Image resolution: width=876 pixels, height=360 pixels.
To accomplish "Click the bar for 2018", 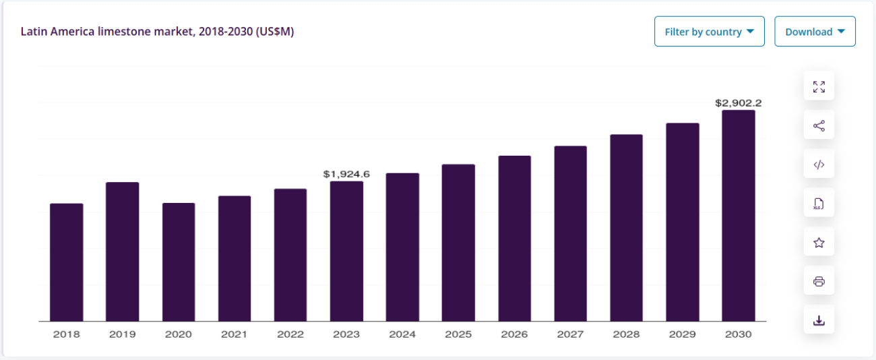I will (x=66, y=262).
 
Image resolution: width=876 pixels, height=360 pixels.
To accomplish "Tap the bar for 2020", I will (x=179, y=262).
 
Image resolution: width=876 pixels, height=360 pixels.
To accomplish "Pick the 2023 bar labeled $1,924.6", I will (x=346, y=251).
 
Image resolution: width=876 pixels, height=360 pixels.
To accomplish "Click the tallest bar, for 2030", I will (x=739, y=216).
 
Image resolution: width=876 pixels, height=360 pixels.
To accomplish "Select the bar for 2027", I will (x=571, y=233).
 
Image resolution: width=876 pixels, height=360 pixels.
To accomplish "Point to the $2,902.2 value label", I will (x=738, y=103).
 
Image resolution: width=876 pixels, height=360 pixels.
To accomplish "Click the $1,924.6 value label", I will (x=346, y=174).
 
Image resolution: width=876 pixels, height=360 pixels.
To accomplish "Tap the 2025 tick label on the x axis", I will (x=458, y=334).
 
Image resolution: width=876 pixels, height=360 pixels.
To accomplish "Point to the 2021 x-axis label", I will (x=234, y=334).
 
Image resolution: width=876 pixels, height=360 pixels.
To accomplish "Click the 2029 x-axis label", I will (x=682, y=334).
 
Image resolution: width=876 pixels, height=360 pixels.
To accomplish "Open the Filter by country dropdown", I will (x=709, y=32).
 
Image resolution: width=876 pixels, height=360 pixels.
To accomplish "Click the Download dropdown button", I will (x=815, y=32).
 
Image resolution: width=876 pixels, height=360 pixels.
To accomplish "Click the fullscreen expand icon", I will (x=819, y=86).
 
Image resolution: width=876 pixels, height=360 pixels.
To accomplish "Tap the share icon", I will (x=819, y=125).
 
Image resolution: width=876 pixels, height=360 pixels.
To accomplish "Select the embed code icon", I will (x=819, y=164).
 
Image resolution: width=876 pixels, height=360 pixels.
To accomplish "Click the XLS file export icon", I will (x=819, y=203).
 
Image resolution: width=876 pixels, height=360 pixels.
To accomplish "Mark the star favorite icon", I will (x=819, y=242).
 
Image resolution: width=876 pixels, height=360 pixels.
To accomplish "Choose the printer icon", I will (x=819, y=281).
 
